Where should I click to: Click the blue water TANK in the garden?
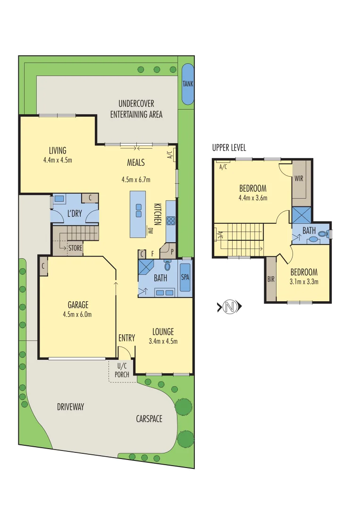[187, 84]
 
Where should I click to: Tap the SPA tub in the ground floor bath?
[185, 278]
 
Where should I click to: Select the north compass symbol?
[229, 307]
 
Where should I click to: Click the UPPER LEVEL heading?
[229, 148]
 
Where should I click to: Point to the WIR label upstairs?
[299, 179]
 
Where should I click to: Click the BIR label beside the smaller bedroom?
[271, 280]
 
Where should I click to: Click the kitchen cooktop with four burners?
[170, 221]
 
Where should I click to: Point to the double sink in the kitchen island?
[139, 210]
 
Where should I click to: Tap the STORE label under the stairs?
[75, 247]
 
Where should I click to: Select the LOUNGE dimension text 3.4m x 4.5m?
[163, 341]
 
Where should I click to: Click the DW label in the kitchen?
[151, 231]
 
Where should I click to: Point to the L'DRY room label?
[75, 214]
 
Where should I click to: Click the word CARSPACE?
[149, 418]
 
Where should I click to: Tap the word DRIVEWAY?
[70, 407]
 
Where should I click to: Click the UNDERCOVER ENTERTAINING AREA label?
[136, 109]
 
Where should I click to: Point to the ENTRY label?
[126, 338]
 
